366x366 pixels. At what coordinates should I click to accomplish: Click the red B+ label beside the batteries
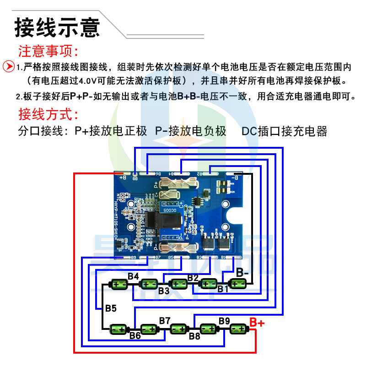[257, 323]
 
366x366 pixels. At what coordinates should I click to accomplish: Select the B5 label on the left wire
[111, 308]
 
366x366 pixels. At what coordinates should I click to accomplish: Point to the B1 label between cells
[223, 289]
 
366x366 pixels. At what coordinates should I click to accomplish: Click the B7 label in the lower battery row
[165, 320]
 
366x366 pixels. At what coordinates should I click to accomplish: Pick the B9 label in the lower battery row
[224, 321]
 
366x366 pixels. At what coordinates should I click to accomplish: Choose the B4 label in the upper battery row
[133, 276]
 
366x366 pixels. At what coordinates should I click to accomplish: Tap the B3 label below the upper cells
[164, 291]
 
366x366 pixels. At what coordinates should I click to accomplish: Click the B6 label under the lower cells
[135, 336]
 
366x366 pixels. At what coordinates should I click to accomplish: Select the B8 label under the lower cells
[195, 336]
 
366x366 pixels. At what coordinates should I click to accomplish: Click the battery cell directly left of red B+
[238, 329]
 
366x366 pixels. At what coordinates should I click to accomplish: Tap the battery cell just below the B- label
[237, 284]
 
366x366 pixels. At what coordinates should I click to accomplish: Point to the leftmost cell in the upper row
[120, 285]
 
